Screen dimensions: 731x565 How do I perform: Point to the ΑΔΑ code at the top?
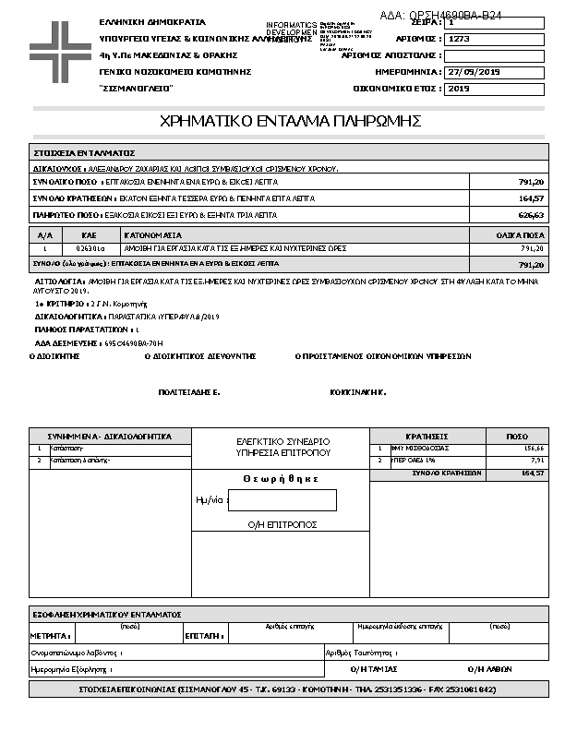441,16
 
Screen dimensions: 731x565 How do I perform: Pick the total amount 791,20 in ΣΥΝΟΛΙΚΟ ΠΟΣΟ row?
531,182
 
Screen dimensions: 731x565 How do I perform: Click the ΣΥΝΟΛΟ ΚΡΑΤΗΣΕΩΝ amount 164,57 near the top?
531,198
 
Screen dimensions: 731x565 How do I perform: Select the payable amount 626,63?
531,214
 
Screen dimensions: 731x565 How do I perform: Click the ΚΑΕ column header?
89,236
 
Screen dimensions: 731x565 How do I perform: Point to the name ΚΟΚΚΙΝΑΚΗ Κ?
357,392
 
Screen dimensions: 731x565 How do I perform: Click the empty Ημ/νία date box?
282,500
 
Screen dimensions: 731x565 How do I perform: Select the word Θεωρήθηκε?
281,478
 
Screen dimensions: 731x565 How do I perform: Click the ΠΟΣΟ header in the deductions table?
517,436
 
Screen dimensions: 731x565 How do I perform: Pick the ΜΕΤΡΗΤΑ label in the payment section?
50,636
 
